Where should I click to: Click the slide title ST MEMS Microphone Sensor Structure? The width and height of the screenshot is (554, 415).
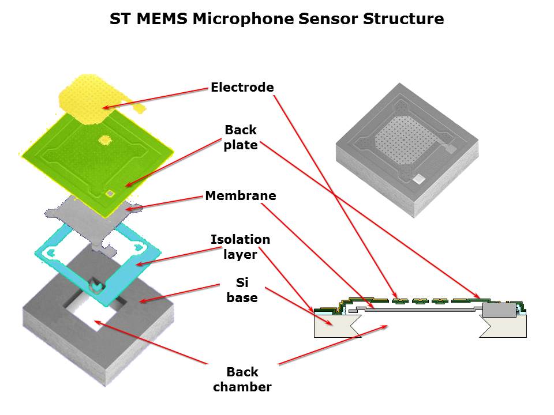click(x=277, y=19)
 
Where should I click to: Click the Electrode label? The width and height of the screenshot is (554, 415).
click(x=242, y=88)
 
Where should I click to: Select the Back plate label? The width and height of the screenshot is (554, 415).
click(x=241, y=137)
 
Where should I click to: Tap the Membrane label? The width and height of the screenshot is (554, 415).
click(x=240, y=196)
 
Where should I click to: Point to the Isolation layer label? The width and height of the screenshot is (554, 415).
click(x=240, y=246)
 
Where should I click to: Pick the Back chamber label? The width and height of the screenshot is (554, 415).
click(x=242, y=379)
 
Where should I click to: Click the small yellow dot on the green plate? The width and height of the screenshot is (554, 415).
click(x=106, y=139)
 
